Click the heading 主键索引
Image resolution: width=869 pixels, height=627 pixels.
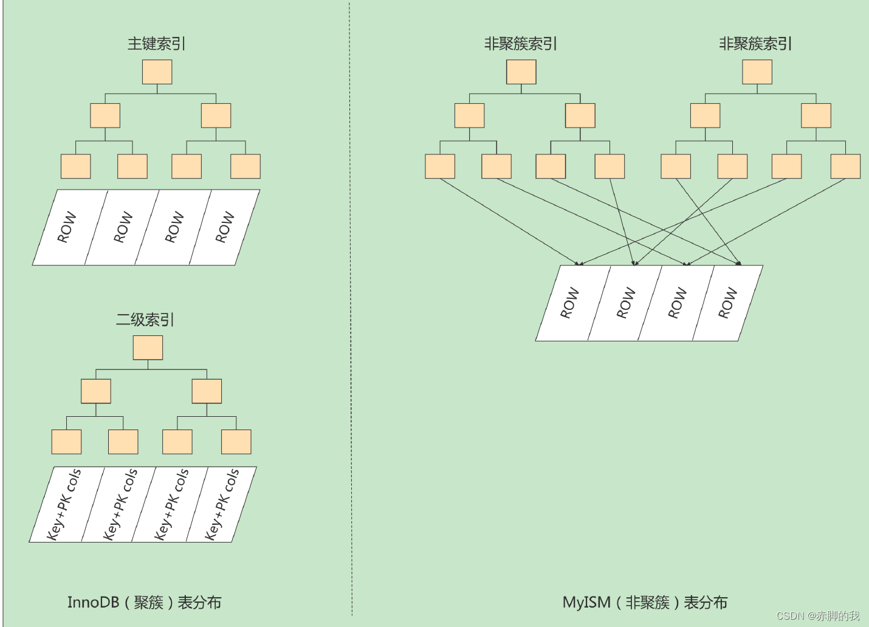[x=156, y=44]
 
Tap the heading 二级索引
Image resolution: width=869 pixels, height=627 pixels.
[x=145, y=320]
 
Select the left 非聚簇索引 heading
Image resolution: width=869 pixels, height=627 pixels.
[x=520, y=44]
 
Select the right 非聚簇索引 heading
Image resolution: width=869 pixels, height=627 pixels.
[x=755, y=44]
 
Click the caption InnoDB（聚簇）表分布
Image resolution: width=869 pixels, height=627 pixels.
[x=144, y=602]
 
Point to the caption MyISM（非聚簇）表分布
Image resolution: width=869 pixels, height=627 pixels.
[x=645, y=602]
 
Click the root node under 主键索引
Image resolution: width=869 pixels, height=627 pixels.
[x=157, y=72]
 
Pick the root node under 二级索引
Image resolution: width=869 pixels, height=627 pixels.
[x=148, y=348]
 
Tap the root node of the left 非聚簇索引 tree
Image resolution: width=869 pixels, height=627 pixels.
[x=521, y=72]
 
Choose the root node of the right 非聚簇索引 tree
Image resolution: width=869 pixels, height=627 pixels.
[x=757, y=72]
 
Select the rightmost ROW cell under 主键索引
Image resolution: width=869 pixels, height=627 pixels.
[x=224, y=227]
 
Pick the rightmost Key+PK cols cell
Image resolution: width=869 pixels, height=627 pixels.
[x=221, y=504]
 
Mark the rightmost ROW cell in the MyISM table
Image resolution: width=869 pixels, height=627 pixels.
[x=727, y=303]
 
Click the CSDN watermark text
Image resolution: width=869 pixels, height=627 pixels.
[x=818, y=615]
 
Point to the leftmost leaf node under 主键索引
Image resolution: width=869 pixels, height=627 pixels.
[x=75, y=166]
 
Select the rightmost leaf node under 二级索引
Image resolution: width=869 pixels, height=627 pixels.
[x=236, y=442]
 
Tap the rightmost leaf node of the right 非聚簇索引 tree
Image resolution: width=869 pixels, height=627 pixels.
[x=845, y=166]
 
